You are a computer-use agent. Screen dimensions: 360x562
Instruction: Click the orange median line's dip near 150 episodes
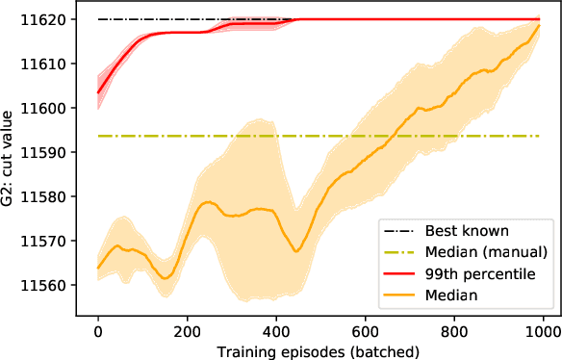(x=166, y=277)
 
